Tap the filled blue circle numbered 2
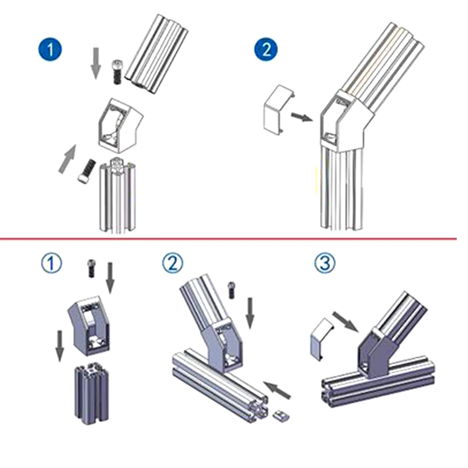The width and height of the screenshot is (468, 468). [x=266, y=49]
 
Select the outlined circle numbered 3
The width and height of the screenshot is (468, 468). [x=324, y=264]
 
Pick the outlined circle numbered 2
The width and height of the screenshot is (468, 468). [x=173, y=264]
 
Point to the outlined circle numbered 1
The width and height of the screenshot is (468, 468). [x=51, y=264]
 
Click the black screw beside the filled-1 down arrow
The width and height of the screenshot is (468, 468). [x=116, y=72]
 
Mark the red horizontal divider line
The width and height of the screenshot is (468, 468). [x=234, y=239]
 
